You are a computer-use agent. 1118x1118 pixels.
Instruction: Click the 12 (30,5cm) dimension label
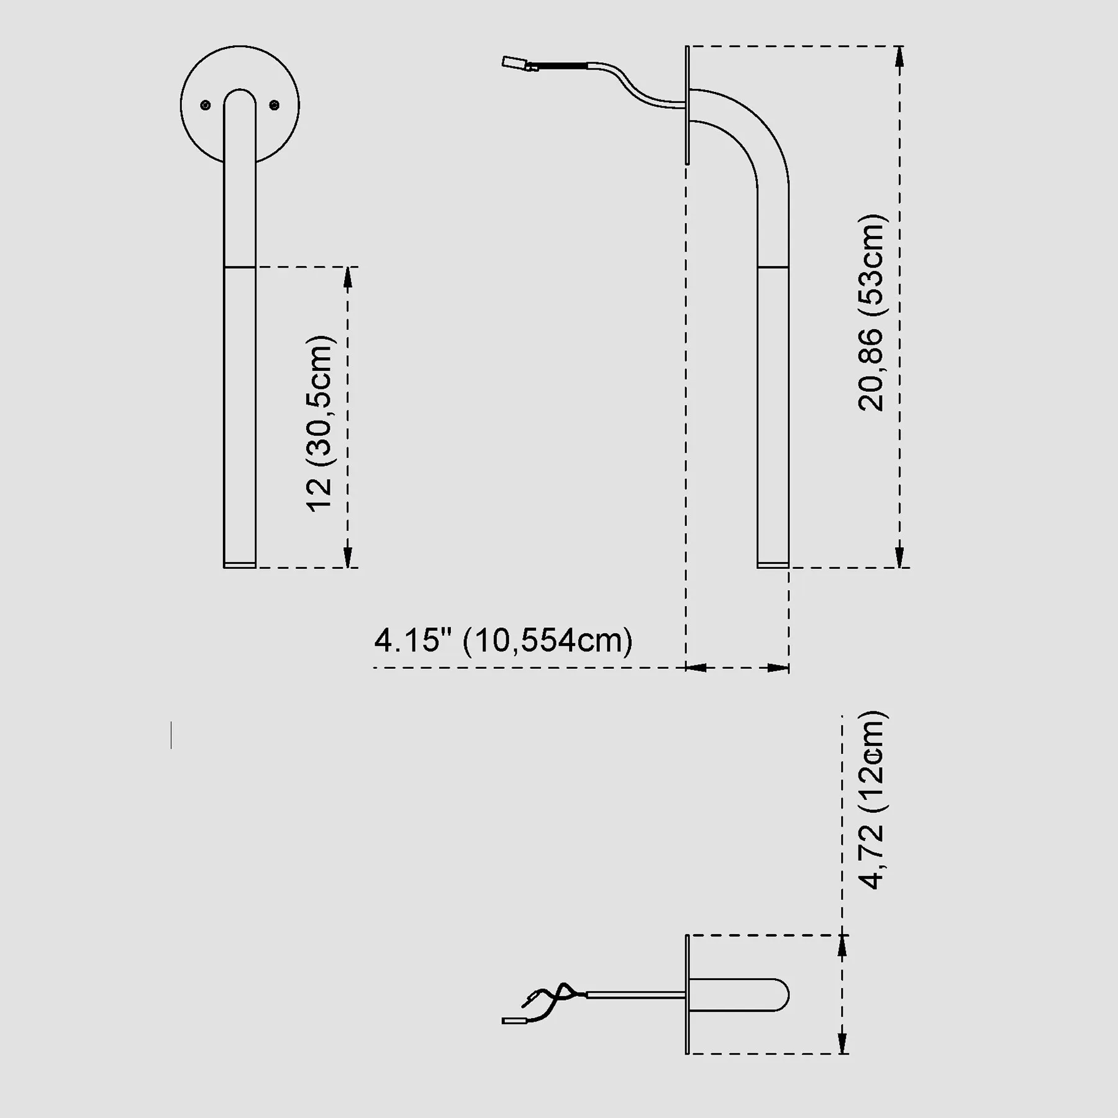click(321, 424)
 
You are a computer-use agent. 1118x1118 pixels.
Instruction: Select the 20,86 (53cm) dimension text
click(870, 312)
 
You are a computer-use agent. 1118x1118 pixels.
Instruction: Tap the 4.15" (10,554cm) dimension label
click(503, 640)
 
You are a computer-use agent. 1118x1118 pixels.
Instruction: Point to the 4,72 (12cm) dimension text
click(873, 800)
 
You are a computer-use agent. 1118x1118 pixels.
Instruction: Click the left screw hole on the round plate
click(206, 106)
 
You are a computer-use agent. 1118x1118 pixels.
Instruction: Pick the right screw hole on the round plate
click(275, 106)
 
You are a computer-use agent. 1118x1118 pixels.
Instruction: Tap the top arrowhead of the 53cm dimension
click(901, 57)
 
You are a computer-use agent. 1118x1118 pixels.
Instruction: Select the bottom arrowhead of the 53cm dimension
click(901, 557)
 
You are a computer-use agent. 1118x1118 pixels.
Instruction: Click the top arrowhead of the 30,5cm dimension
click(348, 278)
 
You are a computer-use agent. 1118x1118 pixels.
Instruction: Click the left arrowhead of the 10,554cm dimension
click(696, 668)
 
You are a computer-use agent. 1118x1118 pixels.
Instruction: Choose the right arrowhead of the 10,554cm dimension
click(778, 668)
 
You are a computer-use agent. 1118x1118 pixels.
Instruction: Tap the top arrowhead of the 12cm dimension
click(843, 946)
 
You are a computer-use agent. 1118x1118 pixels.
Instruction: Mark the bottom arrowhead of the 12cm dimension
click(843, 1043)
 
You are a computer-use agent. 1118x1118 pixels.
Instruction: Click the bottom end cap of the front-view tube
click(240, 565)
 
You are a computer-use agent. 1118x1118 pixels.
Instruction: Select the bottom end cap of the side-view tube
click(773, 565)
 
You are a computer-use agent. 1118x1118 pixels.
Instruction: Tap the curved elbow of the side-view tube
click(745, 130)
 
